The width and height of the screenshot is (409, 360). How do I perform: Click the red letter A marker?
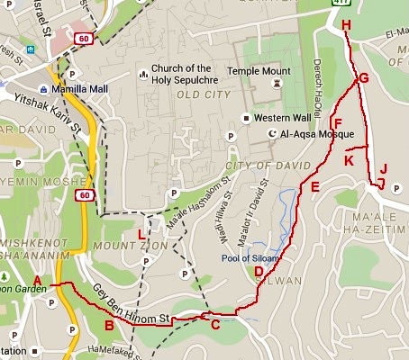37,280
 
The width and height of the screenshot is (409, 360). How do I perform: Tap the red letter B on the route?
109,326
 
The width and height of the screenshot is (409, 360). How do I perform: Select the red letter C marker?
214,325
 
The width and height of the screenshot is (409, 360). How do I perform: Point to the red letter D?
259,272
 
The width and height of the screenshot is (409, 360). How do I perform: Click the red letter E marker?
314,188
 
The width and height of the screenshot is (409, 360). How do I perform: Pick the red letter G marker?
364,78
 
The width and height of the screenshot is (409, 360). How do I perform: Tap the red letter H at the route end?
347,26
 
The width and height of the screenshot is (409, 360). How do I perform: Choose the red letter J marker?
383,168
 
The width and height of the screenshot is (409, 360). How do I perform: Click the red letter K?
349,160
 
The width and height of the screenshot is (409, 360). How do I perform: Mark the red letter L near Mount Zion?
141,236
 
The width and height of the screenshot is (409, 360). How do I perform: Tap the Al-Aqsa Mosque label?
318,134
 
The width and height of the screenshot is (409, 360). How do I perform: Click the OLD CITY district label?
200,94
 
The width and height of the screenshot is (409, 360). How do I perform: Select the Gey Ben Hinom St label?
131,304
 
